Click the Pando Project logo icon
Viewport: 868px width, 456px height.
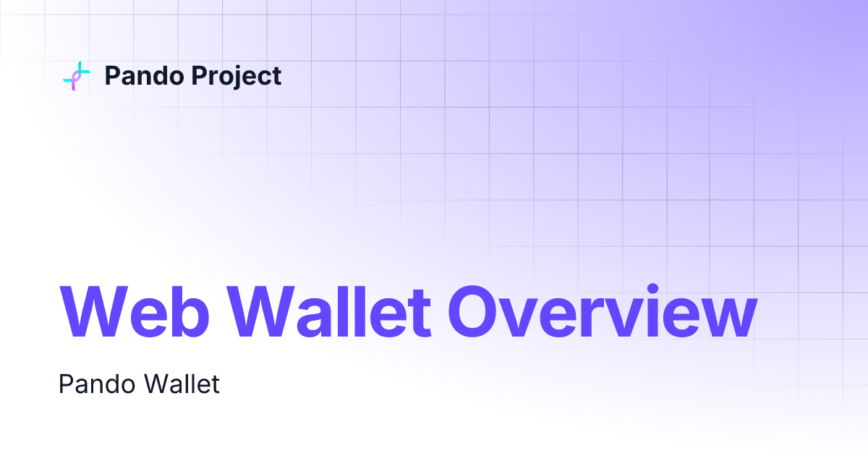click(77, 76)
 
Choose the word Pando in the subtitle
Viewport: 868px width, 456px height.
click(90, 384)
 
